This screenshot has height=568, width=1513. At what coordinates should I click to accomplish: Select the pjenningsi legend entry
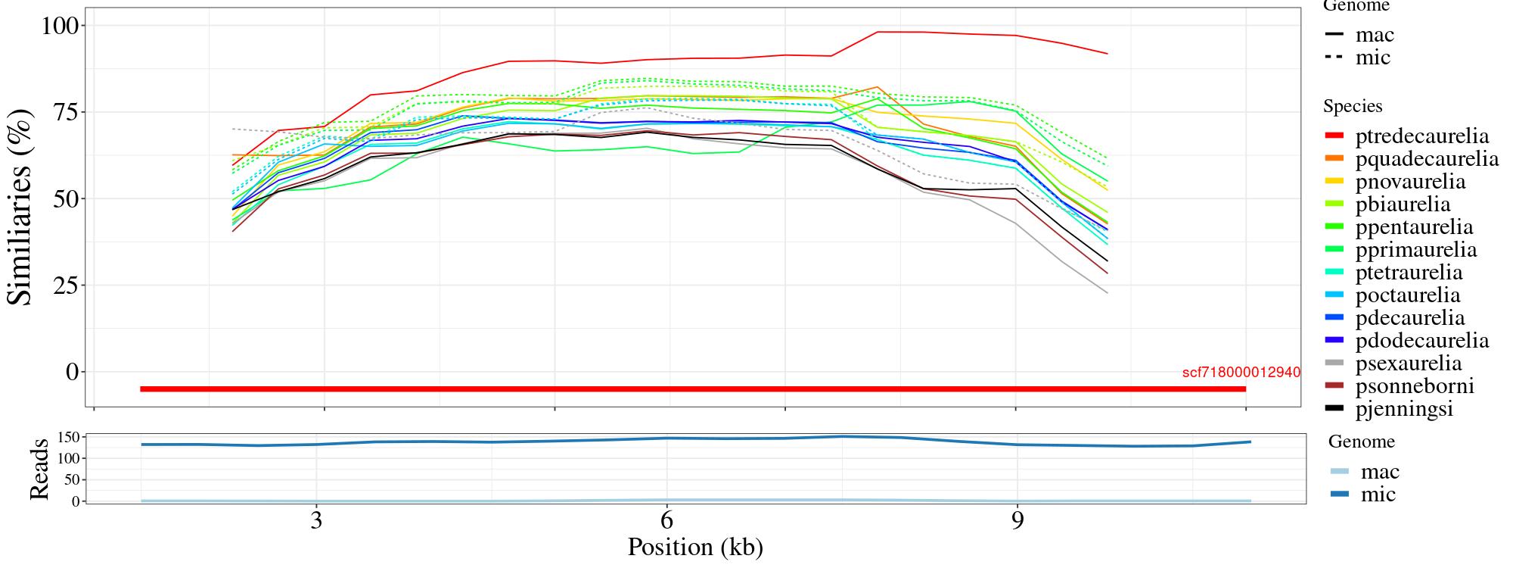[x=1404, y=409]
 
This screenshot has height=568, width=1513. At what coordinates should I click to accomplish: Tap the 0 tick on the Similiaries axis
[x=73, y=372]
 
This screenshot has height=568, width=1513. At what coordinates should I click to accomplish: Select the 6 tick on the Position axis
[x=666, y=522]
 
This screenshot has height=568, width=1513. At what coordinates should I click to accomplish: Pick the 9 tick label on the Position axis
[x=1017, y=522]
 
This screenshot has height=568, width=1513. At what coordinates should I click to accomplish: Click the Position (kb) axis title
[x=694, y=547]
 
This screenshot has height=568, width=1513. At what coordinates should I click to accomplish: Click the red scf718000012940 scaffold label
[x=1241, y=373]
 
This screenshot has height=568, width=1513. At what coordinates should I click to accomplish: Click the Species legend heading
[x=1353, y=106]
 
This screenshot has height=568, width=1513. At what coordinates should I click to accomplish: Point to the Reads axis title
[x=39, y=469]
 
